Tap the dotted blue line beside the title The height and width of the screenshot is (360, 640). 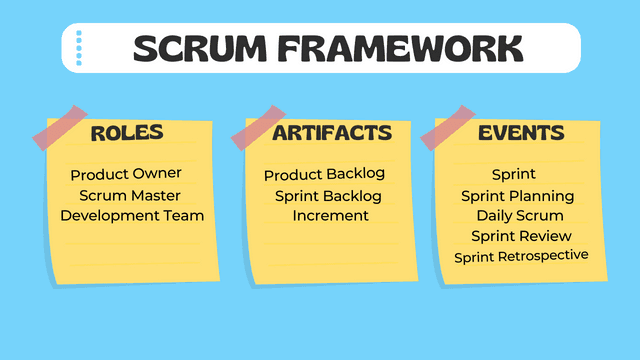click(80, 48)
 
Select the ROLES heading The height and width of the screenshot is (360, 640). click(127, 133)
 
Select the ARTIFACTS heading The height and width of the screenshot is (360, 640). click(331, 133)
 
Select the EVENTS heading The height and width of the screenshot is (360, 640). click(521, 133)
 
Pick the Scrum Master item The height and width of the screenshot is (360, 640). click(130, 195)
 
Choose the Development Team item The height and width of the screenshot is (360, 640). click(132, 215)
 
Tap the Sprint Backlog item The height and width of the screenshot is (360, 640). click(329, 196)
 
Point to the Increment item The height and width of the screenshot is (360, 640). click(331, 215)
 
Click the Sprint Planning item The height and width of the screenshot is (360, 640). click(517, 196)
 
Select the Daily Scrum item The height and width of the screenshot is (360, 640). click(519, 216)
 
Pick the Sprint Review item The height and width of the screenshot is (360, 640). click(522, 236)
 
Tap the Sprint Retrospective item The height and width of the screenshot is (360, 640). click(521, 256)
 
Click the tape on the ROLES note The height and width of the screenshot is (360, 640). click(59, 127)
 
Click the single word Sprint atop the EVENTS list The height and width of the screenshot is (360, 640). click(514, 175)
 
